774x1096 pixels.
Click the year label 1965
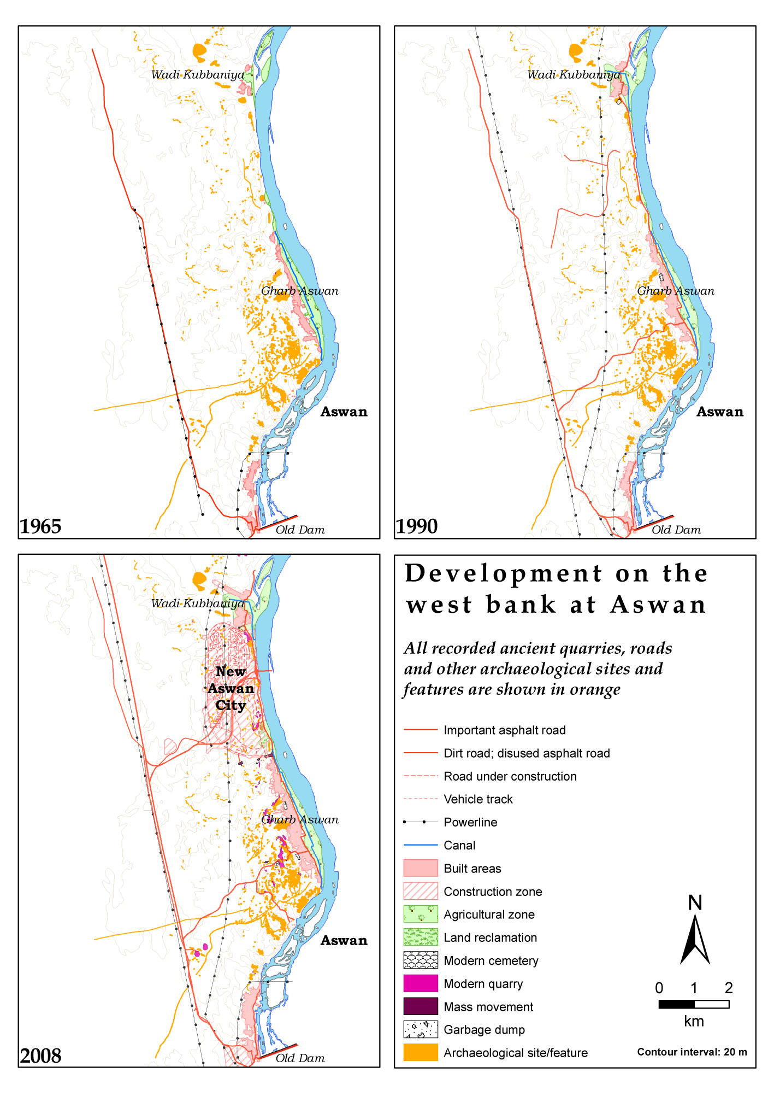[x=41, y=526]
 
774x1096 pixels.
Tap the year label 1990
[x=417, y=526]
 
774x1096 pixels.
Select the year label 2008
[x=41, y=1056]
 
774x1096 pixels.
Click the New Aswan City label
[x=231, y=688]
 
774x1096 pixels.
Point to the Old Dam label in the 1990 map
[x=676, y=530]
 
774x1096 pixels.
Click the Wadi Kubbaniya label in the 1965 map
[x=198, y=75]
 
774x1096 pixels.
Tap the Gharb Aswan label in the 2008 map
[x=300, y=820]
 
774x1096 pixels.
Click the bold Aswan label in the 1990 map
[x=719, y=412]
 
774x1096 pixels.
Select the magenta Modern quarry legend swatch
[x=421, y=983]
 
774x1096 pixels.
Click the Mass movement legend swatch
[x=421, y=1006]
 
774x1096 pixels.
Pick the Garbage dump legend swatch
[x=421, y=1029]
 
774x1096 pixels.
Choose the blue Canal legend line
[x=421, y=845]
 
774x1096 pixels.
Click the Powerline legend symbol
[x=421, y=822]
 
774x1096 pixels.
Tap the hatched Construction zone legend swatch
[x=421, y=891]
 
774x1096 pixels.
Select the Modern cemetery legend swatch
[x=421, y=960]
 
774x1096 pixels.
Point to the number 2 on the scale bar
[x=729, y=988]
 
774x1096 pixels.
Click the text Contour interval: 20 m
[x=692, y=1052]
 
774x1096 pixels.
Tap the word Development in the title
[x=504, y=574]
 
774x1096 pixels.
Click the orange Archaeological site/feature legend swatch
[x=421, y=1052]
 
